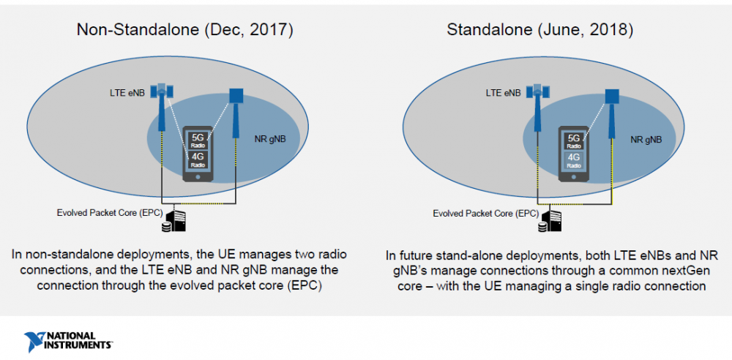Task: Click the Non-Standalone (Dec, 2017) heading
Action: pyautogui.click(x=185, y=30)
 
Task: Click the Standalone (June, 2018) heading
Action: pyautogui.click(x=539, y=30)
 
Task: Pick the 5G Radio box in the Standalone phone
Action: pyautogui.click(x=574, y=140)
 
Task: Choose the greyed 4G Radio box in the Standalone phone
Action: pyautogui.click(x=574, y=160)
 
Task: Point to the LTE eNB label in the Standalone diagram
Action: pyautogui.click(x=503, y=93)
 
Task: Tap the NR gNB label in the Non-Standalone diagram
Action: pyautogui.click(x=270, y=139)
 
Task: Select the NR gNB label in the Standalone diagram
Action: pyautogui.click(x=646, y=139)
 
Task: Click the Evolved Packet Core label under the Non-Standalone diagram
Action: pyautogui.click(x=109, y=213)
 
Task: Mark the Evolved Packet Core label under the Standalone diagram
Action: pyautogui.click(x=485, y=214)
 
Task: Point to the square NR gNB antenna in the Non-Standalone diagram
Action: pyautogui.click(x=236, y=96)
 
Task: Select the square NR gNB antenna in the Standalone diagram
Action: pyautogui.click(x=612, y=96)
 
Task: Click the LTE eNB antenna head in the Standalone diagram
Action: pyautogui.click(x=539, y=91)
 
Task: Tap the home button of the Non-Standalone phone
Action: pyautogui.click(x=198, y=177)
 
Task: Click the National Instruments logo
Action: pyautogui.click(x=67, y=341)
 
